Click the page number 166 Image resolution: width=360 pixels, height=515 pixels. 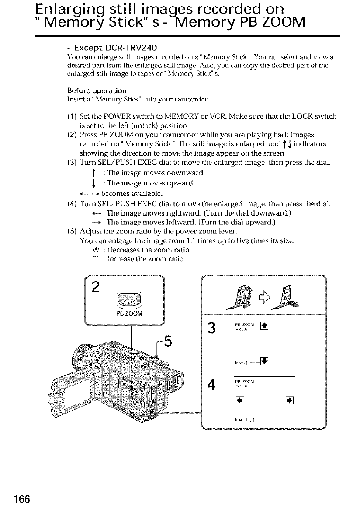[18, 500]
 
